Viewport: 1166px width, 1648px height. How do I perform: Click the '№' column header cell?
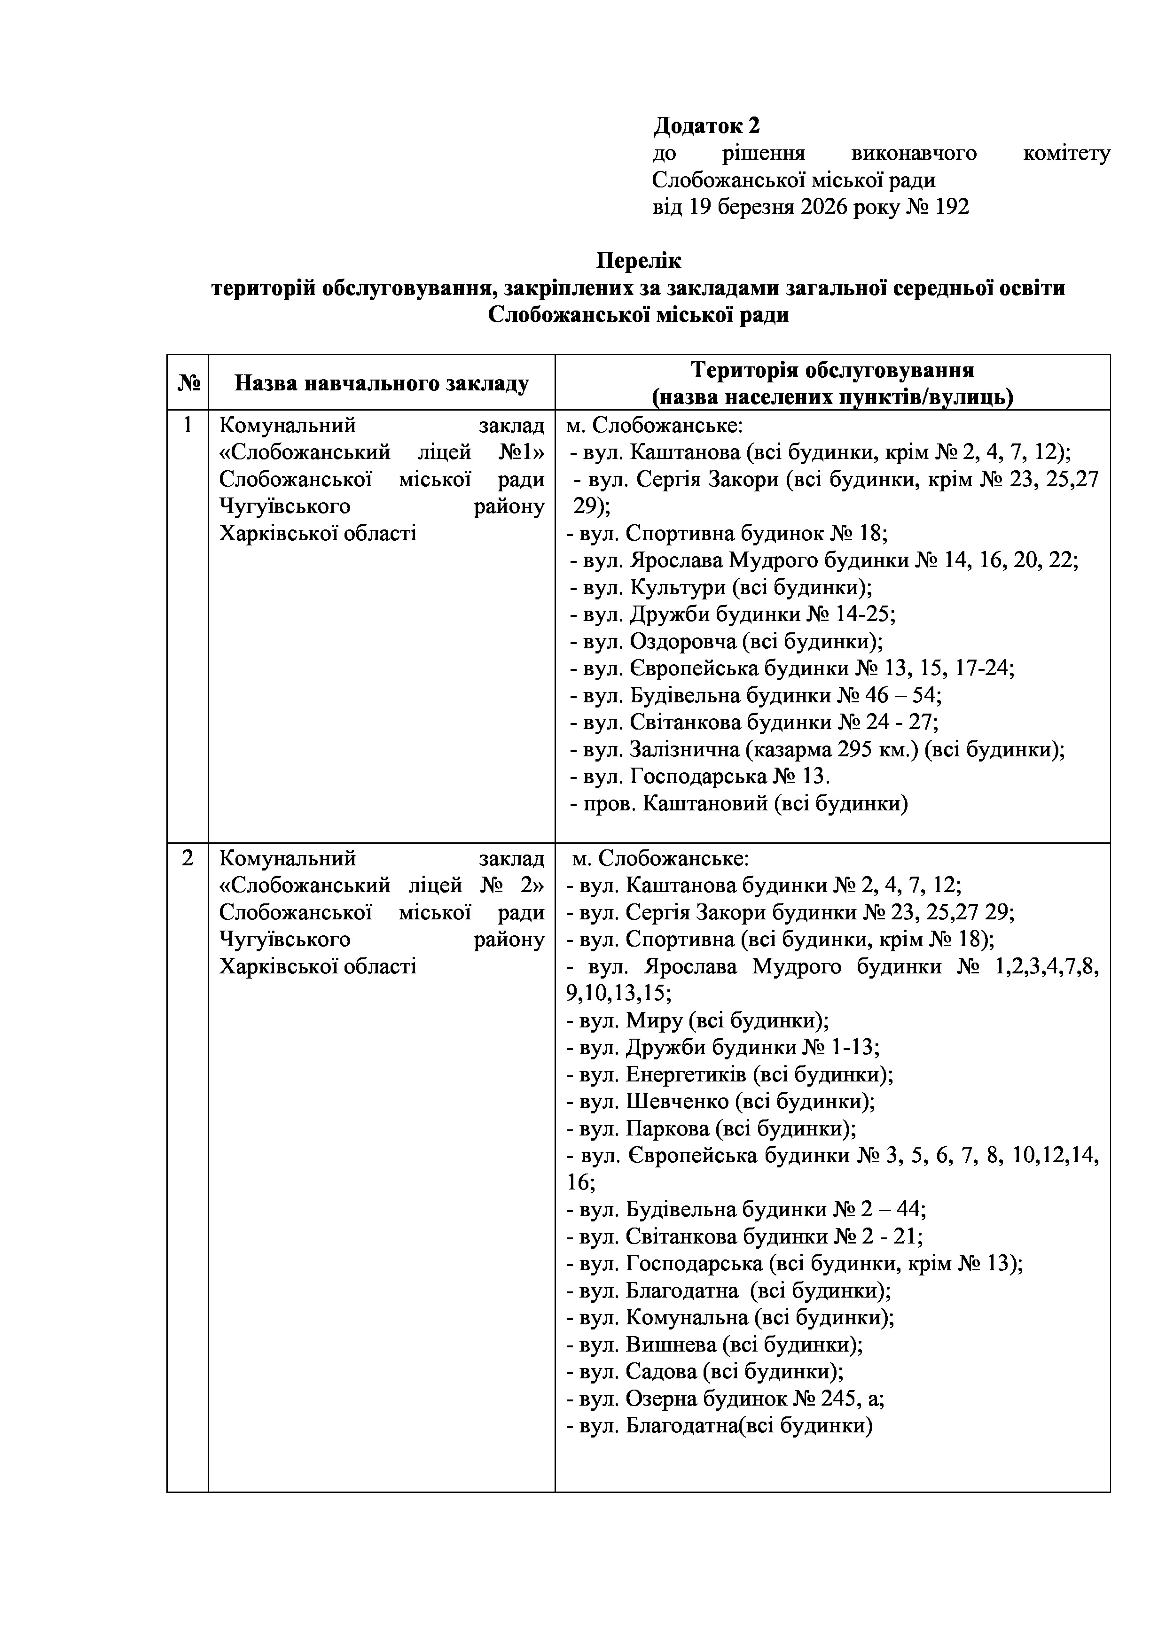188,382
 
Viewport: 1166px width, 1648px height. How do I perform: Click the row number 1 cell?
188,426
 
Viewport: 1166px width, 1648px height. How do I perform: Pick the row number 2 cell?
188,858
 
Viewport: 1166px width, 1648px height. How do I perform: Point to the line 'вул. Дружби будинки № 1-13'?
723,1047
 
